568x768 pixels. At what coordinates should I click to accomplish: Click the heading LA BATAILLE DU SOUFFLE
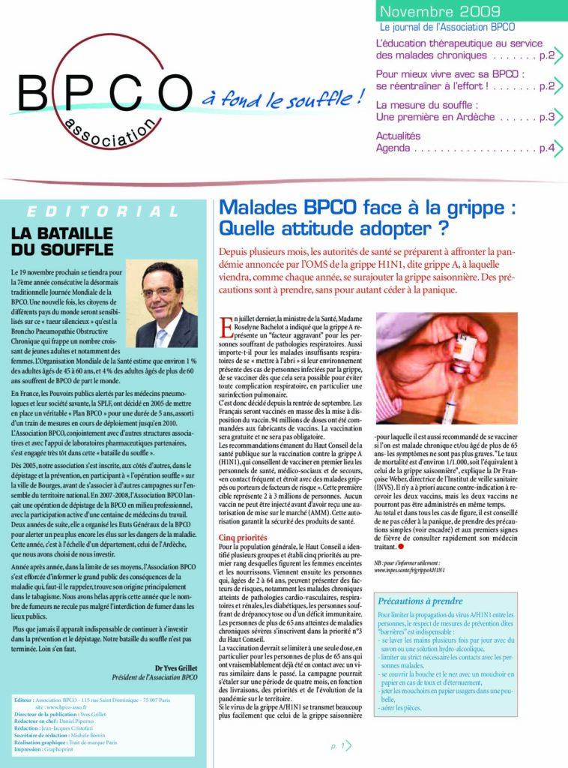point(61,241)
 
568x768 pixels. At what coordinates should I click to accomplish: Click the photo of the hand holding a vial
point(446,368)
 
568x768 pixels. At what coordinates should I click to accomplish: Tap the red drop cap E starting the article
point(225,327)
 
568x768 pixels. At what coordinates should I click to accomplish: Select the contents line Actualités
point(398,136)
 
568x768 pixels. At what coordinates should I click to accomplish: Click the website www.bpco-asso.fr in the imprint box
point(66,707)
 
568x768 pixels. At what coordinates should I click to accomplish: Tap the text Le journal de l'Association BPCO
point(441,27)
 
